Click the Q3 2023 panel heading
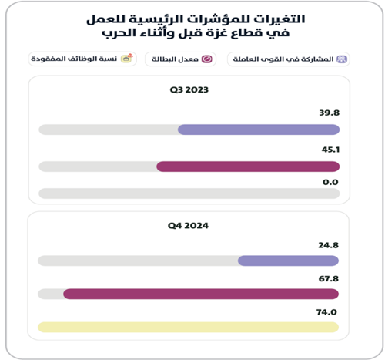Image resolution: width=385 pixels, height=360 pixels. [189, 90]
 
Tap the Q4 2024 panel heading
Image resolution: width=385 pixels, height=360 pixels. [188, 226]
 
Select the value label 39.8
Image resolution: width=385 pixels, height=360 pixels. [330, 113]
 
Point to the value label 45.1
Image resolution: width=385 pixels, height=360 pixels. [330, 150]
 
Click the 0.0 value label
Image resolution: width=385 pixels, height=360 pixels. [330, 182]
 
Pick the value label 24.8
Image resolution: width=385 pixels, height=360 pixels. [329, 245]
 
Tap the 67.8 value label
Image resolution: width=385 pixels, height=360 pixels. [329, 278]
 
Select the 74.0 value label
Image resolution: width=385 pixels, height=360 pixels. [326, 312]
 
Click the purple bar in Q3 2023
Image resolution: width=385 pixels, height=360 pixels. [259, 130]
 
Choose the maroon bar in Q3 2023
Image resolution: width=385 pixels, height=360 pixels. [248, 167]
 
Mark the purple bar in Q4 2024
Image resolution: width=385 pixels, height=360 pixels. [288, 261]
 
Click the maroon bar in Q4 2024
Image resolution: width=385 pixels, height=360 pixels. [201, 294]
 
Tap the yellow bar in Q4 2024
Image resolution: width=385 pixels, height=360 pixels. [188, 327]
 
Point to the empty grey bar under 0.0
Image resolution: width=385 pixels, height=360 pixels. [189, 193]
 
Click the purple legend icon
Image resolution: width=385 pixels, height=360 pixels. [342, 59]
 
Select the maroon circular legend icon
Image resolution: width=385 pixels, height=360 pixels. [207, 59]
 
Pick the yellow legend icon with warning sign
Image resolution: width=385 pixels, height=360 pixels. [127, 59]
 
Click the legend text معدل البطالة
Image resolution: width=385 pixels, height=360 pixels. [175, 59]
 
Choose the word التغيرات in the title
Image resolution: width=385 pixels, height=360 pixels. [280, 19]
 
